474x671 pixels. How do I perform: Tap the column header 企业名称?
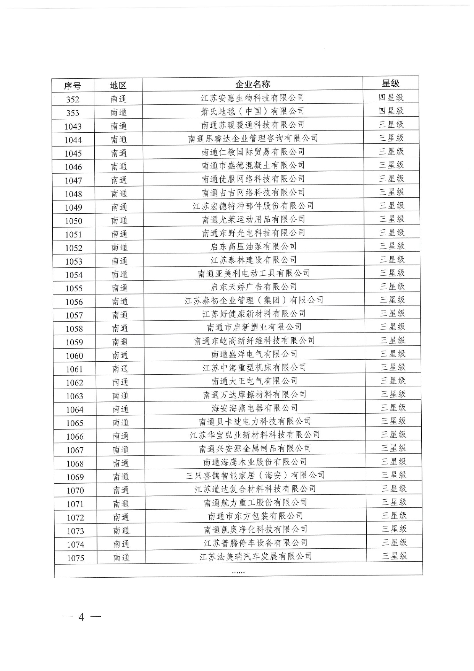pos(252,84)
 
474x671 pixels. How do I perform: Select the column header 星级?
pos(390,83)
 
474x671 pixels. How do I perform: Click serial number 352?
pos(73,99)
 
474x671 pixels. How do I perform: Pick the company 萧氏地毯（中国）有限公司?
pos(252,111)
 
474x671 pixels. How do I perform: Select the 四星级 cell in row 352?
pos(391,97)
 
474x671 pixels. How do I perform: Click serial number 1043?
pos(73,127)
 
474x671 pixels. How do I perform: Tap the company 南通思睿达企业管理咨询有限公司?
pos(253,138)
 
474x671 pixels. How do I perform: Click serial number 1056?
pos(74,302)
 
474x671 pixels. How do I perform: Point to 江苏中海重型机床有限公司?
pos(254,367)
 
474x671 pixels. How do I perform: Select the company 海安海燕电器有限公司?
pos(255,408)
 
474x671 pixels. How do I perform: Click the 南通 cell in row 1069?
pos(121,477)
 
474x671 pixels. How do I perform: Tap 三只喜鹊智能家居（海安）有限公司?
pos(255,475)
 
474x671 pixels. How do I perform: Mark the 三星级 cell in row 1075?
pos(395,556)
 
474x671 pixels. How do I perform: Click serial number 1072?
pos(75,518)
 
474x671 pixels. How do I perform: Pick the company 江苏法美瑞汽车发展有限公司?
pos(256,556)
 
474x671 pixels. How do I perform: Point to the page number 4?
pos(81,617)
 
